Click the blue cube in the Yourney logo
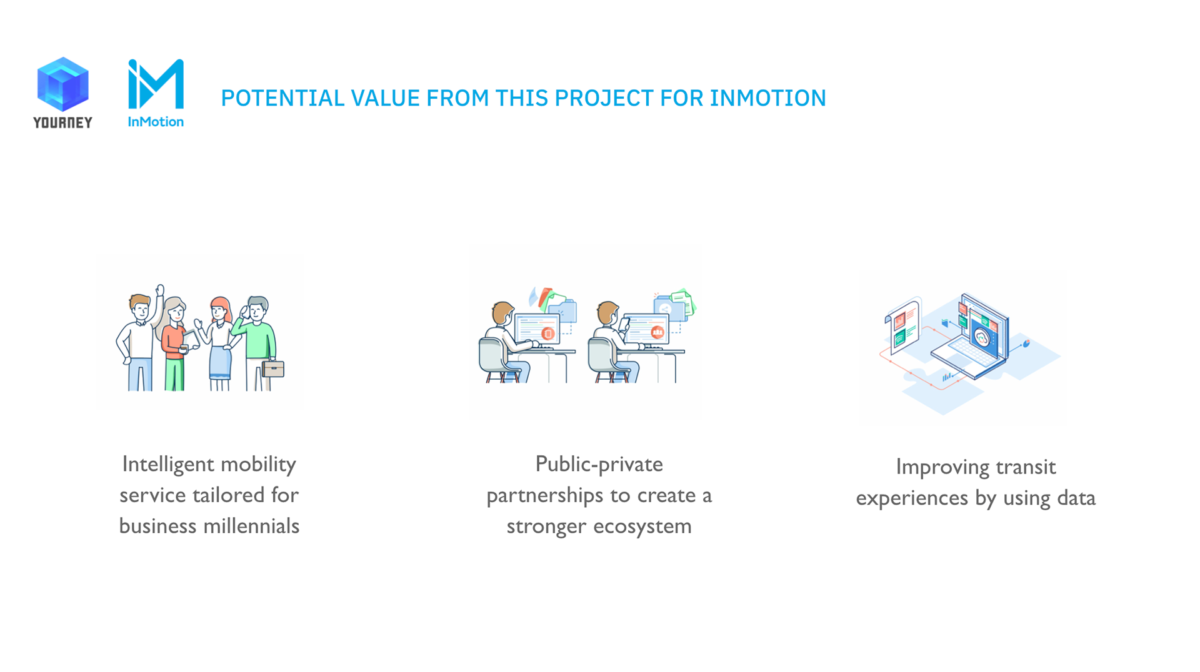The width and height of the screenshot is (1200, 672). pyautogui.click(x=62, y=84)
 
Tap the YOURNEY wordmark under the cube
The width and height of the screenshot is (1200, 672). pyautogui.click(x=62, y=122)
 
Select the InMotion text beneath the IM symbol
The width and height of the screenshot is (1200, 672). pyautogui.click(x=156, y=122)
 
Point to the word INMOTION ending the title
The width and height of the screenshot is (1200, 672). pyautogui.click(x=767, y=98)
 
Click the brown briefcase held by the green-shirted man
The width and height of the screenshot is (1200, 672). pyautogui.click(x=274, y=368)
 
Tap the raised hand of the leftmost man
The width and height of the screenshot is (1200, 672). pyautogui.click(x=160, y=290)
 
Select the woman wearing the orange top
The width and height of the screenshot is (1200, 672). pyautogui.click(x=174, y=343)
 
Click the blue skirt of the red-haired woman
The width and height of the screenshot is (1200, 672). pyautogui.click(x=220, y=363)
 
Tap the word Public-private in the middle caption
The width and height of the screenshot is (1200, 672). pyautogui.click(x=599, y=464)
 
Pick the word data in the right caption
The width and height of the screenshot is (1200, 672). pyautogui.click(x=1076, y=498)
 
